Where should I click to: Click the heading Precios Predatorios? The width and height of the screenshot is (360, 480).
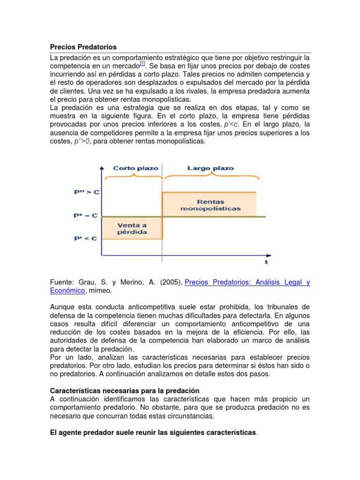83,47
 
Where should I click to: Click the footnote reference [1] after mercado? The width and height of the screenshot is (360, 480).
142,64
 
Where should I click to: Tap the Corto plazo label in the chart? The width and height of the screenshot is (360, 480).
129,168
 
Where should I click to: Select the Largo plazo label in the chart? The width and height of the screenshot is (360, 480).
210,168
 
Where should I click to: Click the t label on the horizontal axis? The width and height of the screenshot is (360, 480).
266,262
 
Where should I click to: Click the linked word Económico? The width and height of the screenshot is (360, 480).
67,291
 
